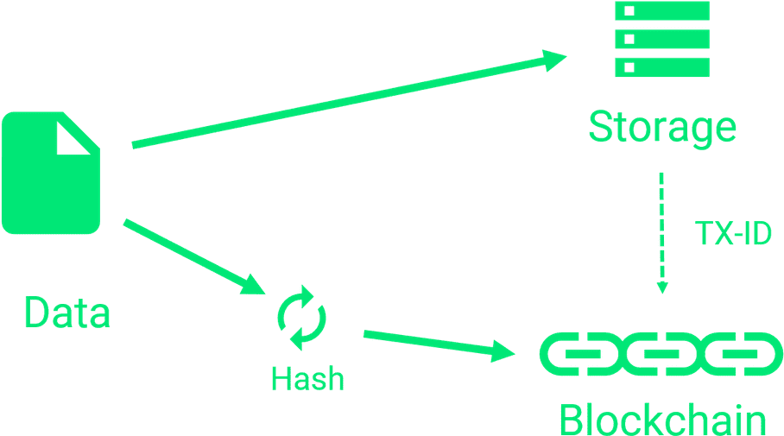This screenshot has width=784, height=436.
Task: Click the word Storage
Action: coord(661,128)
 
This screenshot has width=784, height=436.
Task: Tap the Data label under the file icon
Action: coord(66,313)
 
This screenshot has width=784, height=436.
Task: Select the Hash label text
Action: coord(307,378)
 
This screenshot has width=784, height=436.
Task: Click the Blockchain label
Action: coord(662,421)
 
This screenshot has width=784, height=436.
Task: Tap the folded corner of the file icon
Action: coord(73,136)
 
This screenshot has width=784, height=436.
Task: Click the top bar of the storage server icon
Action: coord(661,11)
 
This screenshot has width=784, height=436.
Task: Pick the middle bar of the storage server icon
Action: coord(661,40)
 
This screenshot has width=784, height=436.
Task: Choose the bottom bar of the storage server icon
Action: coord(661,68)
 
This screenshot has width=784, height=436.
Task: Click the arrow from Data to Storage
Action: coord(345,102)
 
